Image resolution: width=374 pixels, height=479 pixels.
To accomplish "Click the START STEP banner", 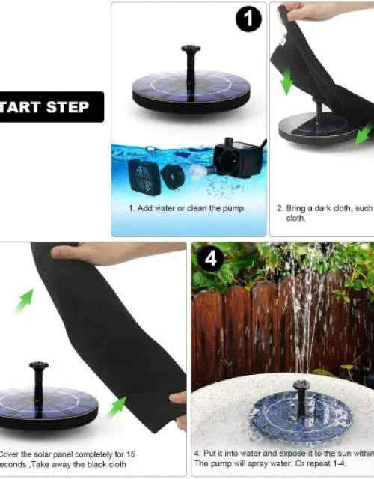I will click(49, 107).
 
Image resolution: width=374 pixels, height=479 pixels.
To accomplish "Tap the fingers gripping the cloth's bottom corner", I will click(178, 400).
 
